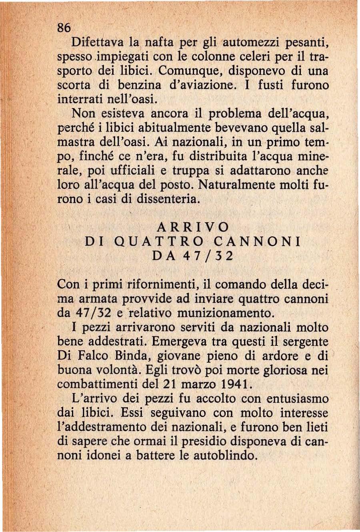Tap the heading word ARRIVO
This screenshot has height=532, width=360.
tap(193, 227)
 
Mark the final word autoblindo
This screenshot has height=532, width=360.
tap(224, 456)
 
